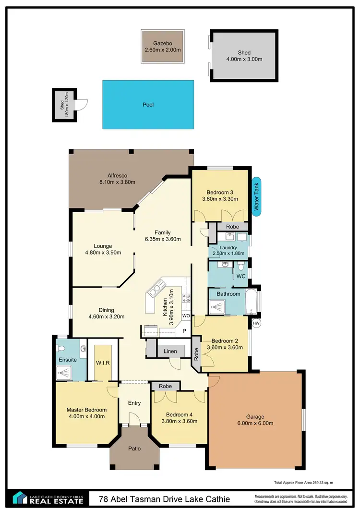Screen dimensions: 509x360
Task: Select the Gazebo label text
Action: tap(162, 42)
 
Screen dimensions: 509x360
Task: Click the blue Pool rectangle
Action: tap(148, 104)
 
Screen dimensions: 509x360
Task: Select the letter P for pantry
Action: tap(183, 331)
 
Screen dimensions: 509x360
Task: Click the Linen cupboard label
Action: tap(170, 351)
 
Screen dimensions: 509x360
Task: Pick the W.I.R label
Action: tap(103, 363)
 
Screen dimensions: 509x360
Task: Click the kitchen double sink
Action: tap(155, 290)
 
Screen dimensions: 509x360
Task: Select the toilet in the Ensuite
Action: tap(60, 348)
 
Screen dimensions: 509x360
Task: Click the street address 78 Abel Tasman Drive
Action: tap(164, 499)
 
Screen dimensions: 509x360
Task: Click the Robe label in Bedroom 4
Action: tap(165, 386)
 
